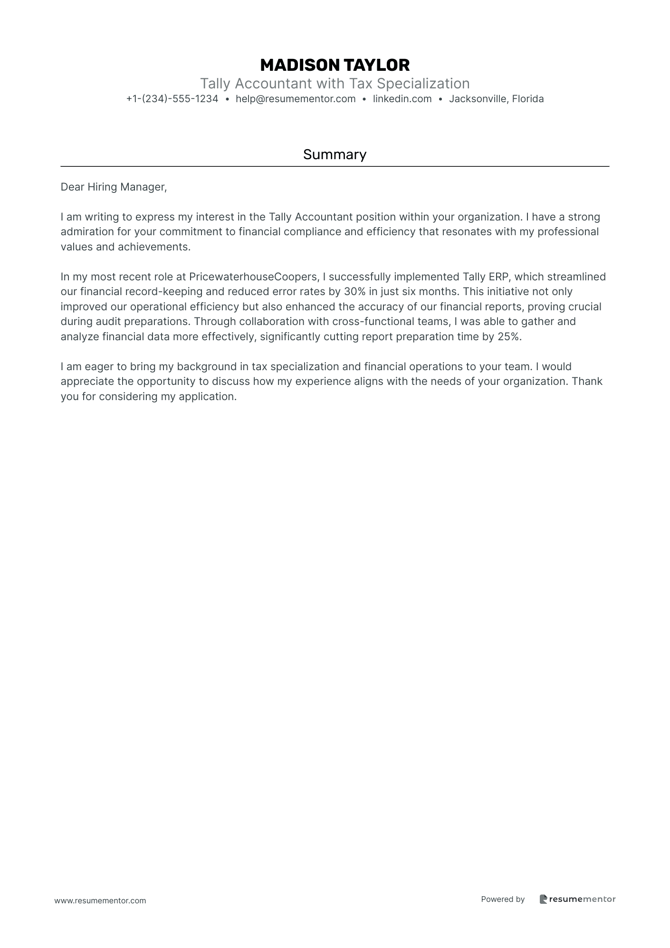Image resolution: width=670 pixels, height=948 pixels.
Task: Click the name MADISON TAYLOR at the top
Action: [335, 65]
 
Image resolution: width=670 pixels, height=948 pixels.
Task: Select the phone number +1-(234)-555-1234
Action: [172, 99]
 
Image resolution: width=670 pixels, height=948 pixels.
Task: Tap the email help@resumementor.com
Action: [296, 99]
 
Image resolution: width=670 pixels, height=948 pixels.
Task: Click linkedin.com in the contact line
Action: [402, 99]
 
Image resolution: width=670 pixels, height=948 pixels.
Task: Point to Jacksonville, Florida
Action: [496, 99]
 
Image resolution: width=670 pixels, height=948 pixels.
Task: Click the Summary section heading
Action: [335, 154]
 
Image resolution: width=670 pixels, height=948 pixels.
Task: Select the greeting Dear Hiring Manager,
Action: [114, 187]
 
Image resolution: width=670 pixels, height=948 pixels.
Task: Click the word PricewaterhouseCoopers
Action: [253, 277]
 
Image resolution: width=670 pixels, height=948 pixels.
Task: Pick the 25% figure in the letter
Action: [509, 337]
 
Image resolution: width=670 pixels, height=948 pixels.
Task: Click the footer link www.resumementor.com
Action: [100, 900]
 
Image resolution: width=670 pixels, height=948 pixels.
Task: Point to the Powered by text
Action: [503, 899]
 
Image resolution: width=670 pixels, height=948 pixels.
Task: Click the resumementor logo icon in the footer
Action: [543, 899]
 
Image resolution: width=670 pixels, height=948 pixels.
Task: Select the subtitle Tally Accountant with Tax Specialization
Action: [335, 84]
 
